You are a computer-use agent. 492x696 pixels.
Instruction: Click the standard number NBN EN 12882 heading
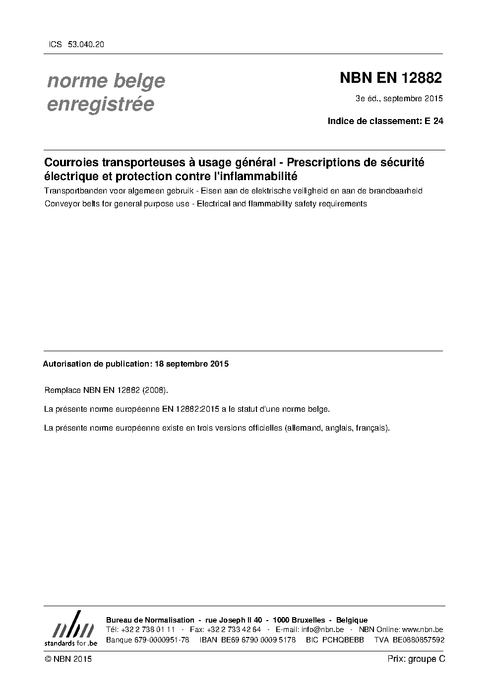[390, 78]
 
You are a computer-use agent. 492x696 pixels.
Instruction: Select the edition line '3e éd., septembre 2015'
[399, 99]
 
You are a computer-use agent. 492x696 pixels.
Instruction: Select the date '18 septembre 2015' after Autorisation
[191, 364]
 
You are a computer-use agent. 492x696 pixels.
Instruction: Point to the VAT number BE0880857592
[418, 640]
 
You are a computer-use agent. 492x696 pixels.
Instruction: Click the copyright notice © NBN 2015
[67, 659]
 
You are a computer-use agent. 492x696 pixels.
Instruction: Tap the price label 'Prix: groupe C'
[416, 659]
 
